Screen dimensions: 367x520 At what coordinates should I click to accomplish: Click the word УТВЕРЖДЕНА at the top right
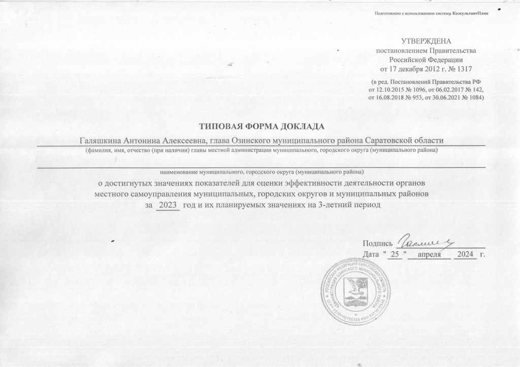click(426, 41)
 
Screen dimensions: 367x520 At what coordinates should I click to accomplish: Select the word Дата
click(372, 253)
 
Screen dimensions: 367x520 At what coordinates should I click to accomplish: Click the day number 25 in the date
click(395, 253)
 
